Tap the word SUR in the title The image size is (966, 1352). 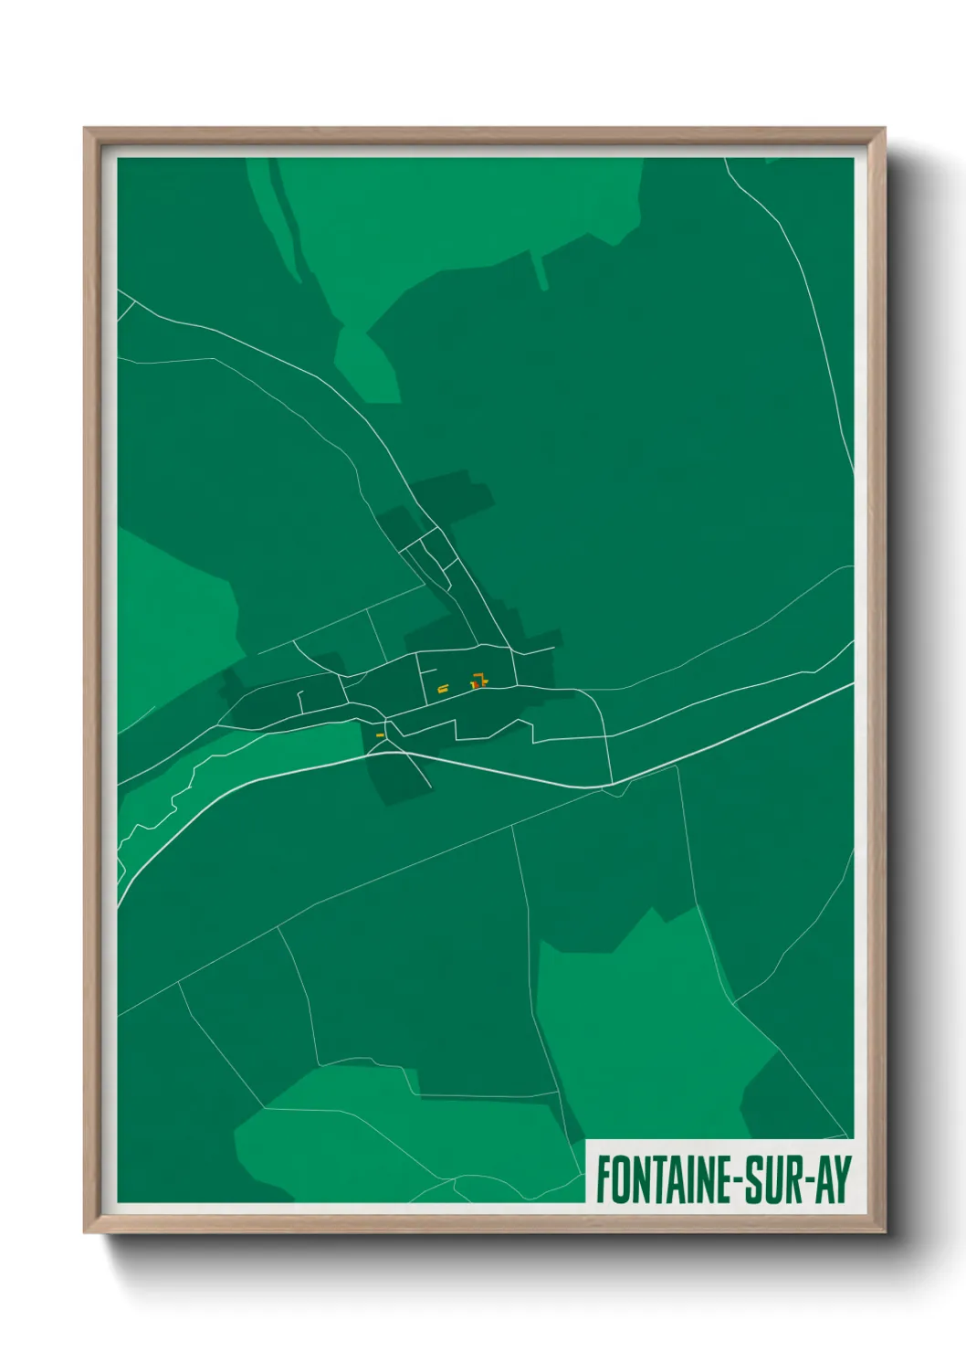[x=772, y=1179]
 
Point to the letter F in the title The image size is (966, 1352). [x=604, y=1179]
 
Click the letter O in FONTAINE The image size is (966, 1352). [x=620, y=1179]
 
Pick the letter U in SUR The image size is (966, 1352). [x=772, y=1179]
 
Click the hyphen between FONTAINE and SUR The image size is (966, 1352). [x=739, y=1180]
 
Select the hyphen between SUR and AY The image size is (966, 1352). [x=807, y=1180]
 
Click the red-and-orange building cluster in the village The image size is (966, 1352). [x=478, y=681]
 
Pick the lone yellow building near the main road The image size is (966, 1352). [x=380, y=734]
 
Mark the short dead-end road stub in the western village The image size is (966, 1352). [x=301, y=701]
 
